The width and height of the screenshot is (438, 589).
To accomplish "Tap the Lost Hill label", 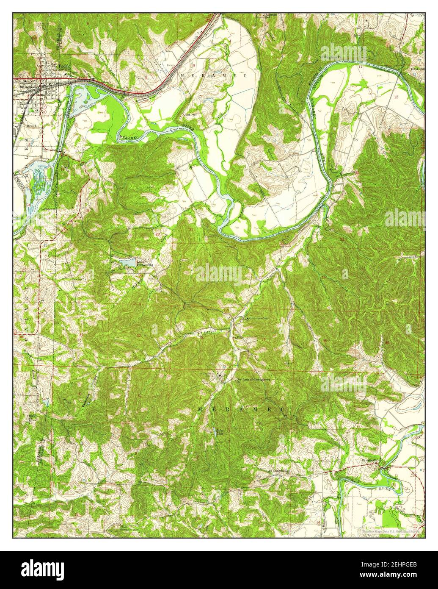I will click(189, 114).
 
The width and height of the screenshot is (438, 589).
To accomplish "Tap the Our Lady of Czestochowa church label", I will click(253, 380).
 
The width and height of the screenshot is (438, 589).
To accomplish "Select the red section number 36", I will click(386, 342).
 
